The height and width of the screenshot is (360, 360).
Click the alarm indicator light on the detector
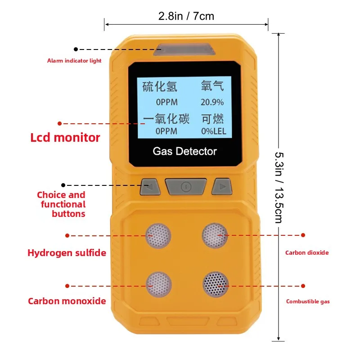[184, 49]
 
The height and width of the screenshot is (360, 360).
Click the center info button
[185, 186]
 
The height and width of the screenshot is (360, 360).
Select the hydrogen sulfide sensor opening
[158, 235]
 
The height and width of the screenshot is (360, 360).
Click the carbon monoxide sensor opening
[158, 285]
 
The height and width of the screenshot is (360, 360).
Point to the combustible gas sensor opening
[215, 285]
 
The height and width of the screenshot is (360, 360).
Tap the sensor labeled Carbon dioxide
[215, 235]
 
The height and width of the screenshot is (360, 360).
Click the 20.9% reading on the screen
[212, 103]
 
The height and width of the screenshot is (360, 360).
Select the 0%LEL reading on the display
[213, 132]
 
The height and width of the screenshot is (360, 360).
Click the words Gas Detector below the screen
[184, 151]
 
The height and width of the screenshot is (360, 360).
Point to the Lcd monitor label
[65, 137]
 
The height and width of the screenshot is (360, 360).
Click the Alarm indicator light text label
[74, 61]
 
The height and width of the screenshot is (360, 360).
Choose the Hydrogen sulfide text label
[67, 253]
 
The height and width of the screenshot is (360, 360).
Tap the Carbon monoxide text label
[67, 301]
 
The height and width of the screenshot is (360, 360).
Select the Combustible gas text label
[308, 301]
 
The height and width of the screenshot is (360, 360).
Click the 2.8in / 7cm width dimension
[186, 17]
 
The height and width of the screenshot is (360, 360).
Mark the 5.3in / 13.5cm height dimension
[279, 187]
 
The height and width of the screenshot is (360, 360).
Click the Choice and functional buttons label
[62, 204]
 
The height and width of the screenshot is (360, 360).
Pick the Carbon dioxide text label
[307, 252]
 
